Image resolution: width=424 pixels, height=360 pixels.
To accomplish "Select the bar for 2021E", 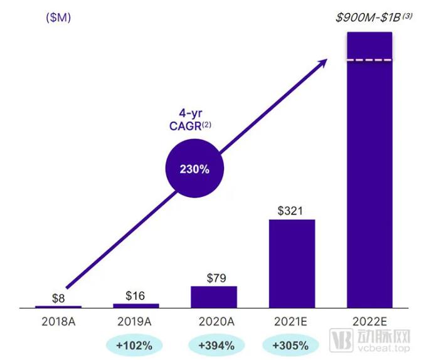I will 292,263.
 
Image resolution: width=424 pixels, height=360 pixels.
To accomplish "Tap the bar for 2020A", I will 214,297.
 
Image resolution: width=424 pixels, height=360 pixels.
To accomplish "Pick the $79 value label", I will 214,277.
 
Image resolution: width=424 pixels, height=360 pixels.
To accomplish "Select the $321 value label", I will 292,211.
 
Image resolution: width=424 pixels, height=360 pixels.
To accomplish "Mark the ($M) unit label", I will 58,18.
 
